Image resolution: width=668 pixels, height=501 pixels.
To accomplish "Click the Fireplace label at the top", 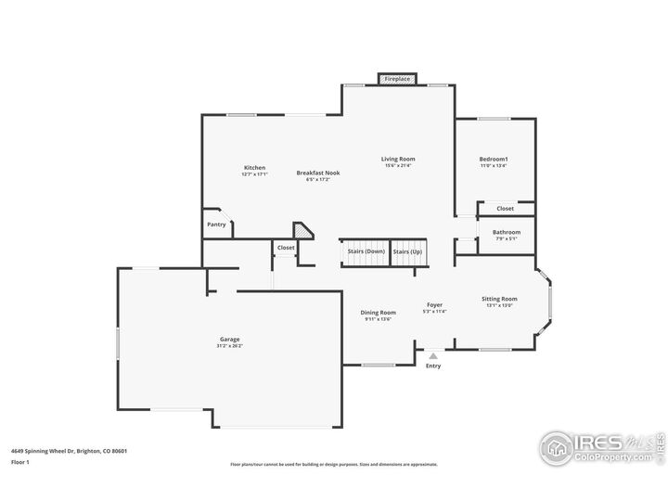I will coord(397,79).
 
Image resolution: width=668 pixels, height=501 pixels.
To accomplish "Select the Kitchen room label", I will coord(254,168).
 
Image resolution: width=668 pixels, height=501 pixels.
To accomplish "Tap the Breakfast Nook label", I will coord(318,173).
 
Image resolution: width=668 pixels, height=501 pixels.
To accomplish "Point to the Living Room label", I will coord(398,159).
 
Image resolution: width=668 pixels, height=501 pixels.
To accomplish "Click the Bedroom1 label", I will coord(494,160).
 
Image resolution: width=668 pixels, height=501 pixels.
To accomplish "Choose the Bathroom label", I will coord(507,232).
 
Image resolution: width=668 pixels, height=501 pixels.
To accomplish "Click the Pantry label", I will coord(216,224).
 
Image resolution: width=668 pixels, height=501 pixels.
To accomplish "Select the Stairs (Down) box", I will coord(366,251).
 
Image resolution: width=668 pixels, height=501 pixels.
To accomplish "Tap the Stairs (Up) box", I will coord(407,251).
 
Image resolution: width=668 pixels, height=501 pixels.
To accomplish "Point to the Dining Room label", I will coord(379,313).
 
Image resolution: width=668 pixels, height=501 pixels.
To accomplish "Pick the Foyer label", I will coord(434,305).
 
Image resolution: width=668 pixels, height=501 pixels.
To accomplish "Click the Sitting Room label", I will coord(499,299).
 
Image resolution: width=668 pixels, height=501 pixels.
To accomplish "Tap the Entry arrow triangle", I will coord(433,355).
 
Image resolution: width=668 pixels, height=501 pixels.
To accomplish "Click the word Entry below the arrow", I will coord(433,366).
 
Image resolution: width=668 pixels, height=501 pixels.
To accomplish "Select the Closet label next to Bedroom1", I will coord(505,209).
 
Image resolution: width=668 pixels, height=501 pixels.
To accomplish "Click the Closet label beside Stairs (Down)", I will coord(286,248).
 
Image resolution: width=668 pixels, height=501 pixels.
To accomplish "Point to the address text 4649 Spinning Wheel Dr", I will coord(69,451).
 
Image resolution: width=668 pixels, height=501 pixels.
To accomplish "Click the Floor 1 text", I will coord(20,461).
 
